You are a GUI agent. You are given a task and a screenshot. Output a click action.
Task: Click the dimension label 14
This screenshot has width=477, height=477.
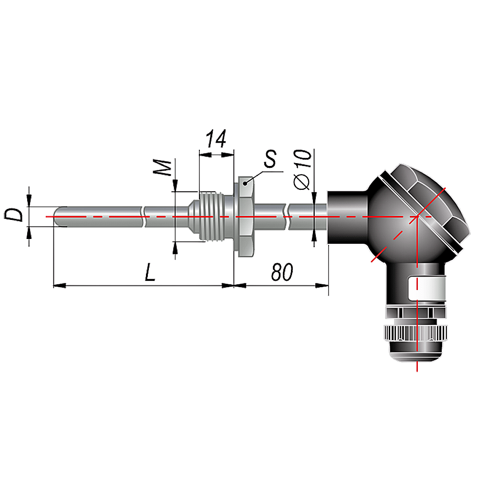click(x=216, y=139)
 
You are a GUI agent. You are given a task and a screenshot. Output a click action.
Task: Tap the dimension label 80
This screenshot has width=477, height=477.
click(x=282, y=272)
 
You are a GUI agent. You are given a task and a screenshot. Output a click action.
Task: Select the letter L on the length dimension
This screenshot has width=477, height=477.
click(x=150, y=272)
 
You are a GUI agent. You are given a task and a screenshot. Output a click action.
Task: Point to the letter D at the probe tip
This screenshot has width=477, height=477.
click(x=14, y=215)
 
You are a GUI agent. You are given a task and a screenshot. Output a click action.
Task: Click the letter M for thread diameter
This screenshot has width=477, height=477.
click(x=163, y=167)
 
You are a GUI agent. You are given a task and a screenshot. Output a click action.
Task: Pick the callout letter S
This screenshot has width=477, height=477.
click(x=270, y=159)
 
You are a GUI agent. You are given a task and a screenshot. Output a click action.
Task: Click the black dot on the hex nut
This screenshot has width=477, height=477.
click(x=245, y=184)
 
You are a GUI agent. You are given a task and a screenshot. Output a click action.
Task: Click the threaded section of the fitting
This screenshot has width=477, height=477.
click(x=211, y=217)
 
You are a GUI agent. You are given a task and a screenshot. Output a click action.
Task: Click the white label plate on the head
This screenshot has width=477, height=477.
click(x=426, y=287)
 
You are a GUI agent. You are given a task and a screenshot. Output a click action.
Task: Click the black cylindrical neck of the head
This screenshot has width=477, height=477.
click(x=347, y=217)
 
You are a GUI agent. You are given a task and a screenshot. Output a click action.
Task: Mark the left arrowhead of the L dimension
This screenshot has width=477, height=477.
click(x=60, y=286)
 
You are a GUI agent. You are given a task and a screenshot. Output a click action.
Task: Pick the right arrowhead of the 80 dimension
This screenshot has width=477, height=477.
click(x=322, y=285)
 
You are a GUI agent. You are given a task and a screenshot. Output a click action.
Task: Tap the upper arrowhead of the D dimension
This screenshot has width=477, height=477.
click(x=29, y=201)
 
